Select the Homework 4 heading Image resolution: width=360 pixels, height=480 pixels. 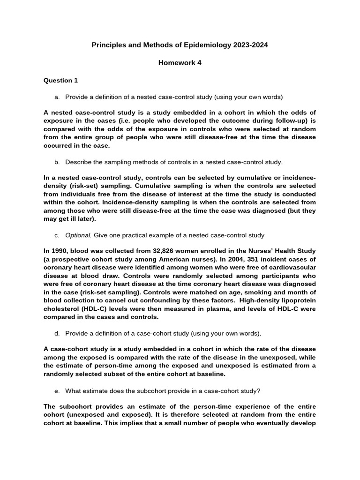[180, 63]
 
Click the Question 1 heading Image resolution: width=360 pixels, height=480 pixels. [61, 80]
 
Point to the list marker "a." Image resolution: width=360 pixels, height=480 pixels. [57, 97]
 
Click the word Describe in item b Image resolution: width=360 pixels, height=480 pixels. [78, 162]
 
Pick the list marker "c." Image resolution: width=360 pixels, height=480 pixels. [57, 235]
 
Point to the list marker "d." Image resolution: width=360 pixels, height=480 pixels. [57, 333]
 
